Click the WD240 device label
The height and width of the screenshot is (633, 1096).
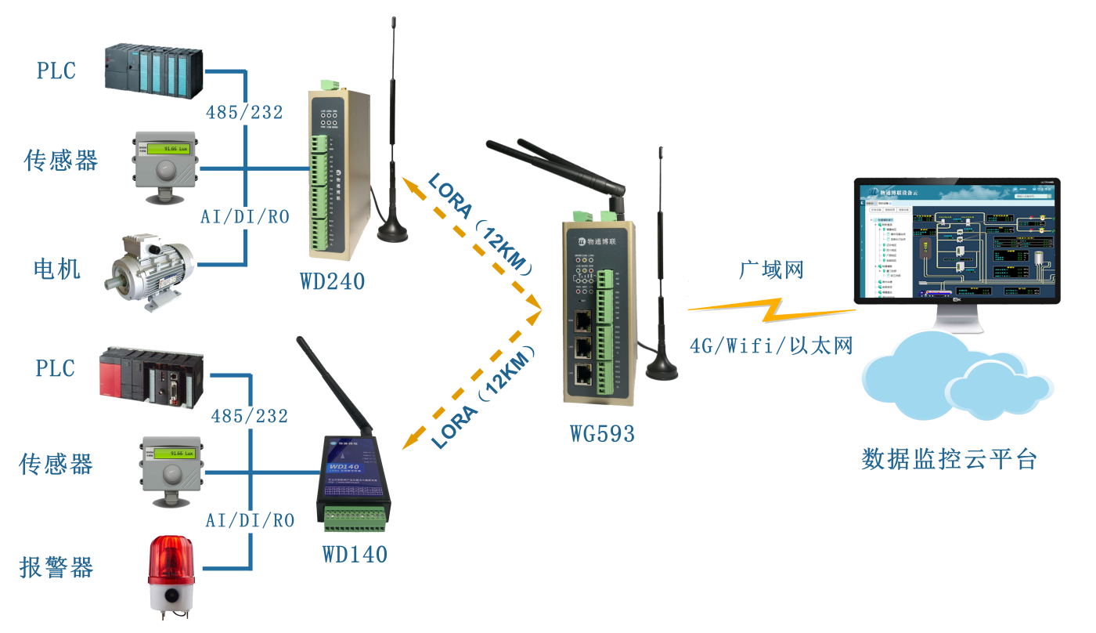[x=332, y=281]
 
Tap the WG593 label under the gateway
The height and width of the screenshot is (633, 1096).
[x=602, y=433]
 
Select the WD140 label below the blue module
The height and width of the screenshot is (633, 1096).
[x=355, y=554]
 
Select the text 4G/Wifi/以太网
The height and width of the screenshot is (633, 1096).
[x=770, y=345]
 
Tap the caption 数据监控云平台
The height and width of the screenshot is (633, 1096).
[x=949, y=459]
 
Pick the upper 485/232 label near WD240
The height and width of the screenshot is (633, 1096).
[x=244, y=113]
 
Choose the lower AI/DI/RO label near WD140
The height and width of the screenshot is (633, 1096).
[x=250, y=520]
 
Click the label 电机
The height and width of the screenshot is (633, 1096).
[x=57, y=269]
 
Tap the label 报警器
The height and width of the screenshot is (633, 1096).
[x=56, y=567]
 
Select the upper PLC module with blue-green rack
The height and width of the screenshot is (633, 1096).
[x=153, y=71]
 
